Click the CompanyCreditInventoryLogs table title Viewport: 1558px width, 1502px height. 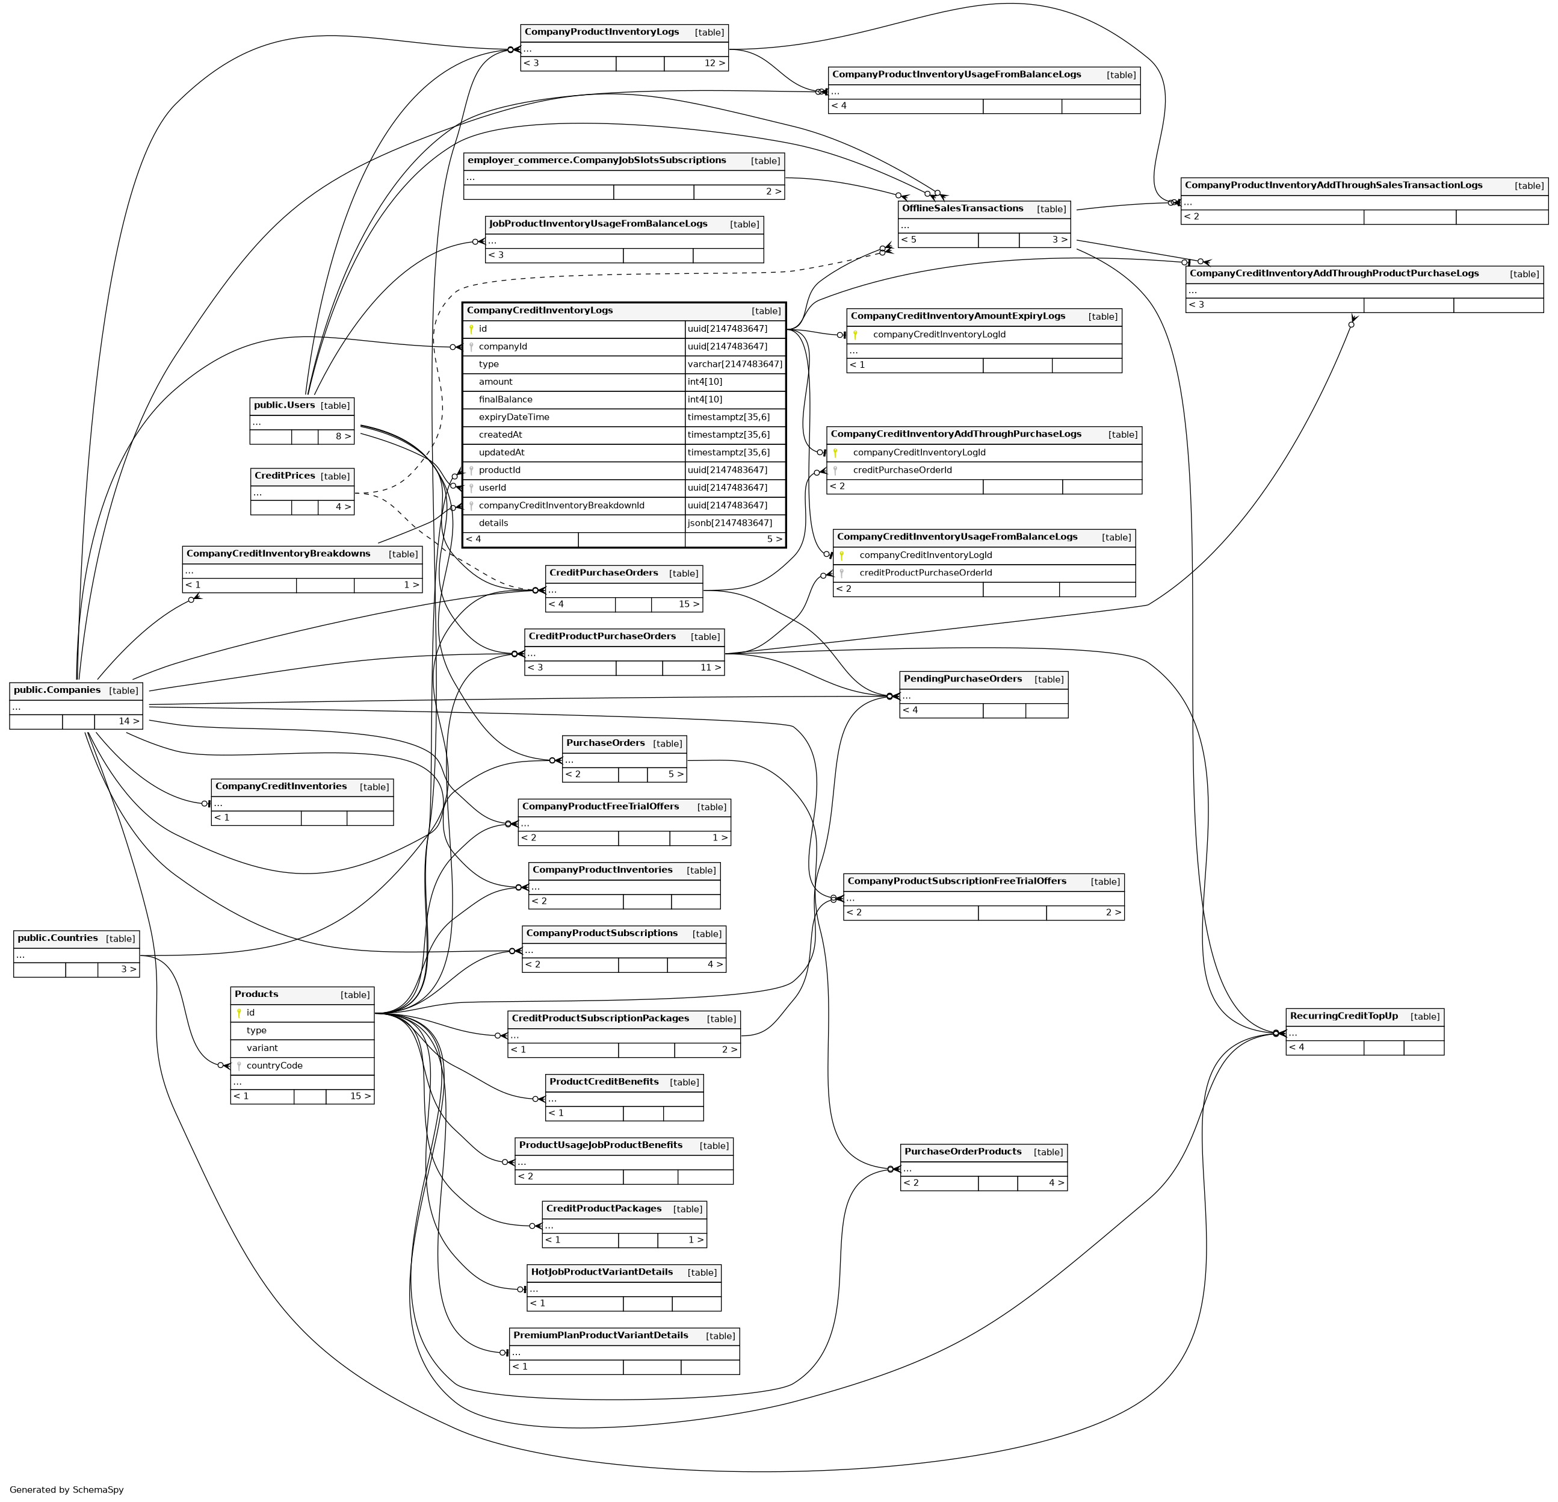[540, 311]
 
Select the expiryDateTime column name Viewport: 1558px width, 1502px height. [513, 417]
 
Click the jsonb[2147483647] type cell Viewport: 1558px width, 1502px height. [730, 523]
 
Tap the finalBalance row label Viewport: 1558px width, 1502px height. [505, 400]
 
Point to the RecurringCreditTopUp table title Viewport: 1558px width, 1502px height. [1343, 1016]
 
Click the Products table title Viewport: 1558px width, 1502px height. [257, 995]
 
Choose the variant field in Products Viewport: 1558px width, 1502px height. [262, 1049]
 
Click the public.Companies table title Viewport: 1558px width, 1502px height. [57, 690]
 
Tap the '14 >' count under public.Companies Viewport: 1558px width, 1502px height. [129, 722]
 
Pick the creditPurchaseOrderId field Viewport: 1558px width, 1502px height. [902, 471]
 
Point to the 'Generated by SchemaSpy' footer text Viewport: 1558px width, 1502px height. [67, 1489]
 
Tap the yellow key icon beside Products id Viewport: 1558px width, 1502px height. [238, 1013]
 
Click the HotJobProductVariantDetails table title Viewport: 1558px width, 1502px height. [602, 1272]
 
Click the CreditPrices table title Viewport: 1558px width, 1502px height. [285, 476]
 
